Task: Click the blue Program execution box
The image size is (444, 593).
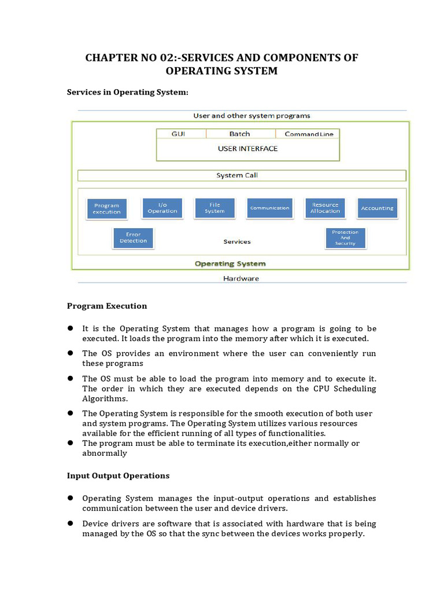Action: [x=107, y=208]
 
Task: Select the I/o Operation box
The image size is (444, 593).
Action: [x=162, y=208]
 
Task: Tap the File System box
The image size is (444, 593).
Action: [x=214, y=208]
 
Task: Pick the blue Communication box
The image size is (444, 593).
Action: [x=269, y=208]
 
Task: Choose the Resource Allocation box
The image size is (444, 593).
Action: [x=325, y=208]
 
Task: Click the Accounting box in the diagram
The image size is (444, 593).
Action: [x=377, y=208]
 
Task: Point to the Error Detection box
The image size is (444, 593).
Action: [x=133, y=238]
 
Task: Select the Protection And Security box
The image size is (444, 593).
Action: [x=345, y=238]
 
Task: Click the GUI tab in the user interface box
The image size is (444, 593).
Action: [x=179, y=134]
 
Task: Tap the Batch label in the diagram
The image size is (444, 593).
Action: [x=239, y=134]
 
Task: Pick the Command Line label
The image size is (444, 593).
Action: [x=309, y=134]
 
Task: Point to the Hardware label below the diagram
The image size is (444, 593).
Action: [x=241, y=279]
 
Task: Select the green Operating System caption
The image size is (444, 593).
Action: [x=230, y=263]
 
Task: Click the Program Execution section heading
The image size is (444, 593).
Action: [x=107, y=306]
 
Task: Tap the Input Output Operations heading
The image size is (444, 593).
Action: [x=118, y=475]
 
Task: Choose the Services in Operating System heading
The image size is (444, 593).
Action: [x=128, y=92]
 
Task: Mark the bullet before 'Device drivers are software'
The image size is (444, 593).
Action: [x=70, y=523]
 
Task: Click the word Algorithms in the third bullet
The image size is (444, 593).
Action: [x=105, y=398]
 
